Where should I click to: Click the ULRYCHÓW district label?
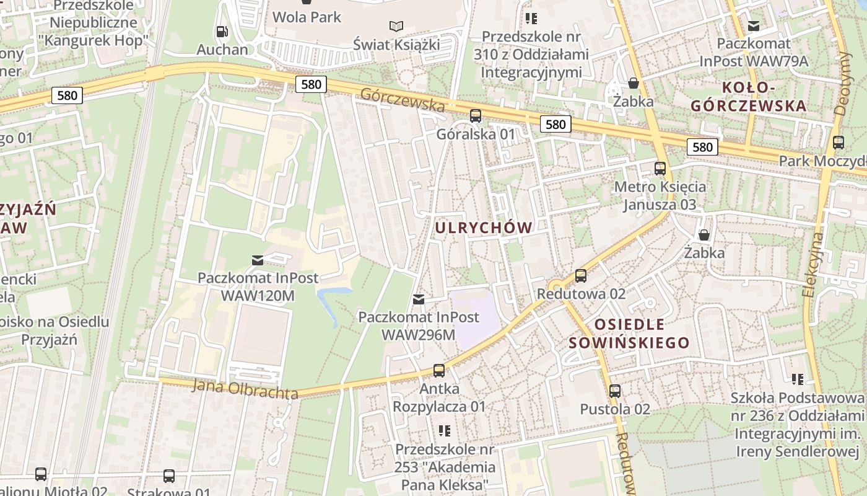(x=483, y=228)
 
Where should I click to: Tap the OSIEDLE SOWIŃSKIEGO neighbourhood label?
(x=629, y=334)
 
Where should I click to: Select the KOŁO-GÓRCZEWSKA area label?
(x=749, y=96)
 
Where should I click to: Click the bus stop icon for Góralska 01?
(x=476, y=115)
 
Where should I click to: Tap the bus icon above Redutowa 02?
(x=581, y=275)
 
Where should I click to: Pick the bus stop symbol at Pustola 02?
(x=615, y=391)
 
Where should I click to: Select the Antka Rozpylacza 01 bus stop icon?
(x=439, y=371)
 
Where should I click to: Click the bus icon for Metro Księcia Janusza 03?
(x=660, y=168)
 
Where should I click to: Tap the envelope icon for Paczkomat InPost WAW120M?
(x=258, y=260)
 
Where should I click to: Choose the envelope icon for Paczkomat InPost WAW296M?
(x=419, y=299)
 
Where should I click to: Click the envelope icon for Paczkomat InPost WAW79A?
(x=754, y=25)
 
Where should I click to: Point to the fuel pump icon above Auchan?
(x=222, y=31)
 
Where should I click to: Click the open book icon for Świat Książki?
(x=396, y=26)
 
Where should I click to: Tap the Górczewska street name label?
(x=402, y=99)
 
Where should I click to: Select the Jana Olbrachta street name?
(x=245, y=389)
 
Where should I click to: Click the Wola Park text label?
(x=307, y=17)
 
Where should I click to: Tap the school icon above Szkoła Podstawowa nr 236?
(x=798, y=378)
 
